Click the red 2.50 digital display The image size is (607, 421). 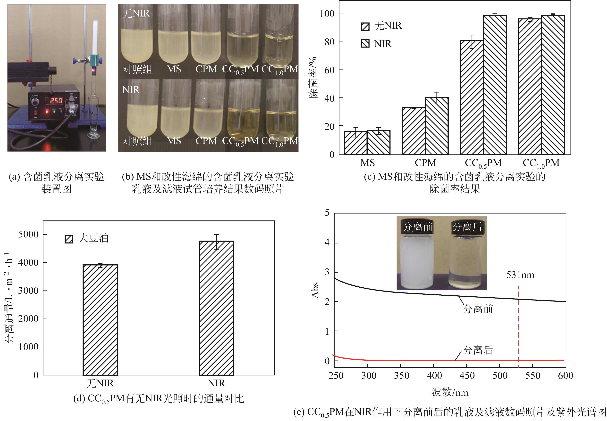[x=56, y=100]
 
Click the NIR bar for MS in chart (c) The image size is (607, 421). [x=379, y=142]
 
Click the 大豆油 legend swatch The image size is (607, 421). [x=69, y=239]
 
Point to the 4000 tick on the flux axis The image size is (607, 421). [x=28, y=262]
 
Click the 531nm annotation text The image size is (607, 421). [x=520, y=275]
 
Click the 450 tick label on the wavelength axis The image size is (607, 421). [x=467, y=376]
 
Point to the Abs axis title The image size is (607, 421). [x=315, y=290]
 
